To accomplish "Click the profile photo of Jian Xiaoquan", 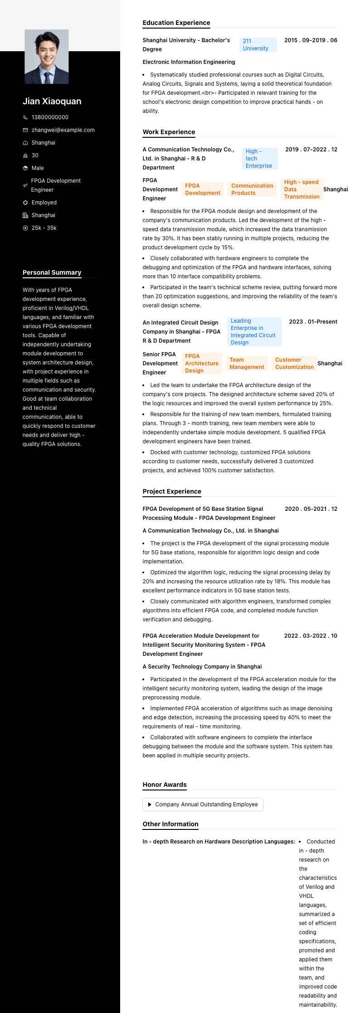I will click(x=47, y=57).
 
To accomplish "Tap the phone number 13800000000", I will click(x=50, y=117).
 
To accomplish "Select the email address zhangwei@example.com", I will click(x=63, y=130).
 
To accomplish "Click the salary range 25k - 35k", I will click(x=44, y=228).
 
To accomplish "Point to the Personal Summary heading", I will click(x=52, y=272).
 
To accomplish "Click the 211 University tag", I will click(x=258, y=45).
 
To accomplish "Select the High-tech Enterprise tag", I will click(x=259, y=159).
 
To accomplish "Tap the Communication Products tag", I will click(x=252, y=189).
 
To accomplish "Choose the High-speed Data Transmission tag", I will click(x=302, y=189).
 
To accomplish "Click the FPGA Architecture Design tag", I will click(x=202, y=364).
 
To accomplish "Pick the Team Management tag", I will click(x=246, y=364).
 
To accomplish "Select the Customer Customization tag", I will click(x=294, y=364).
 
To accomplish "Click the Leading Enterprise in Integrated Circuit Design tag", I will click(x=254, y=332).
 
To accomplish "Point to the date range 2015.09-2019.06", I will click(x=311, y=40).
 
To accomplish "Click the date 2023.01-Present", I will click(x=313, y=322).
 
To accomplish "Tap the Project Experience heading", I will click(x=172, y=491).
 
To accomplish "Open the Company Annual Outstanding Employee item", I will click(x=203, y=805).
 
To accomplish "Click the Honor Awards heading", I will click(x=165, y=785).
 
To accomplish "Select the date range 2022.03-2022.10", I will click(x=311, y=636).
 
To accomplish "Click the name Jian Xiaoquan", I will click(x=52, y=101).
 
